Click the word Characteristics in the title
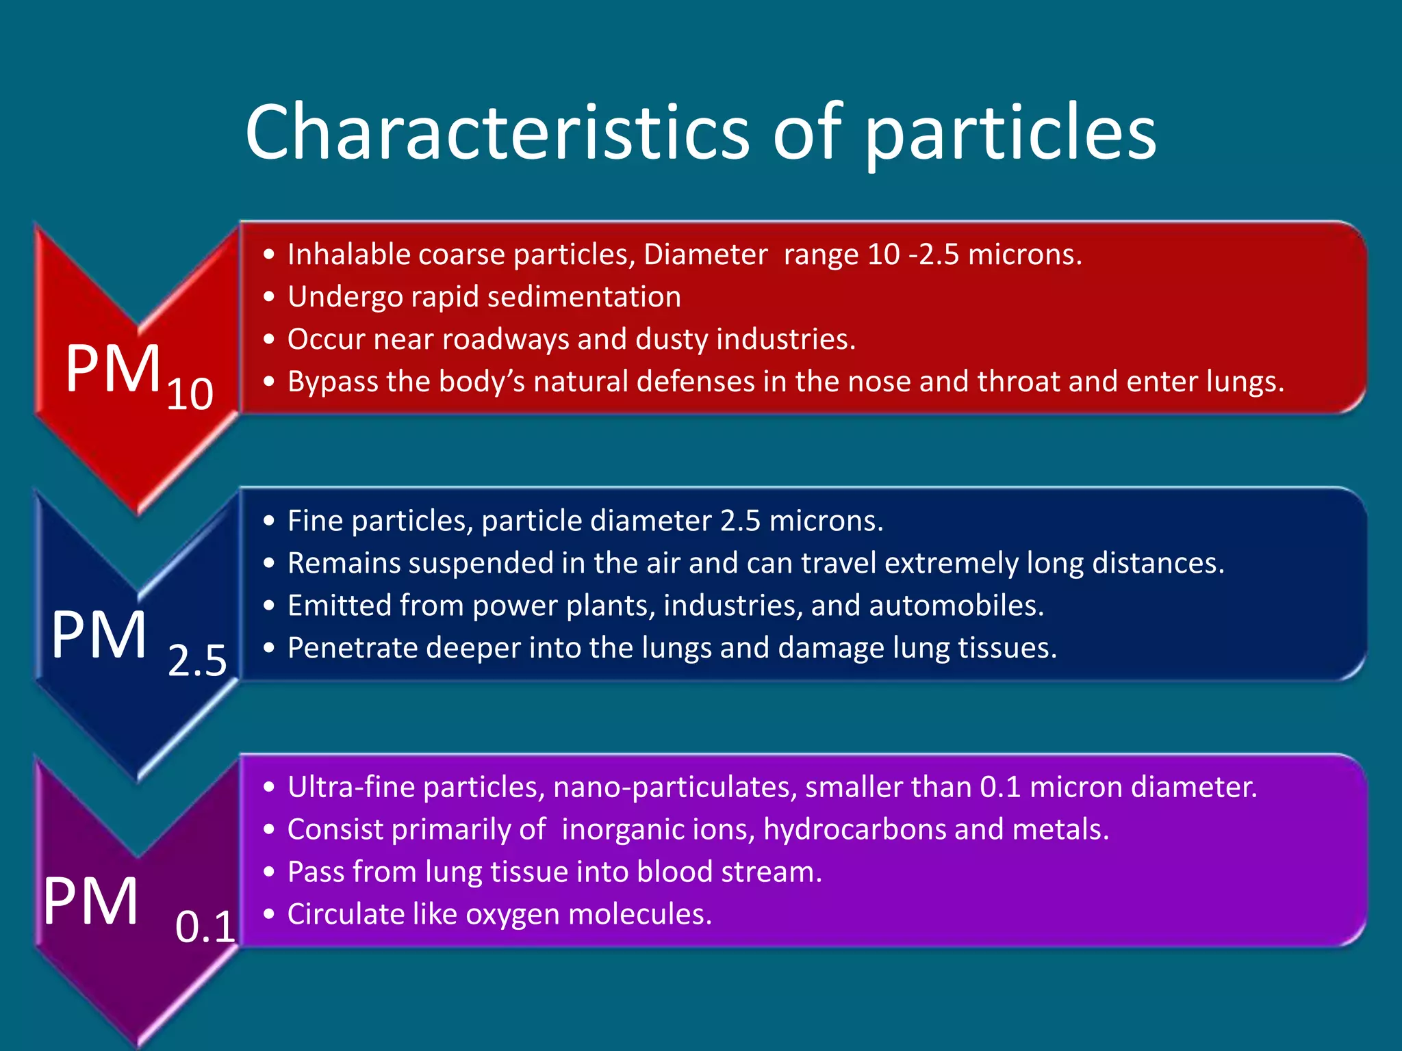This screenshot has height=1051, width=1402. point(497,131)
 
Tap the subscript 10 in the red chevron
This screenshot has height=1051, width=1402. point(190,395)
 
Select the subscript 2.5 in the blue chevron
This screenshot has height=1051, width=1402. point(197,661)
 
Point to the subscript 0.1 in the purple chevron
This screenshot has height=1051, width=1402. point(205,927)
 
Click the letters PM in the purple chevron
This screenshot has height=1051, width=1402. point(91,901)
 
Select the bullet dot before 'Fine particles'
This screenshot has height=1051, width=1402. point(269,521)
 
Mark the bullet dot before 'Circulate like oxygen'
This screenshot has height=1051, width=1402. point(269,914)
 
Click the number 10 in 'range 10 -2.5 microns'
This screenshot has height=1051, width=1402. point(883,255)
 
